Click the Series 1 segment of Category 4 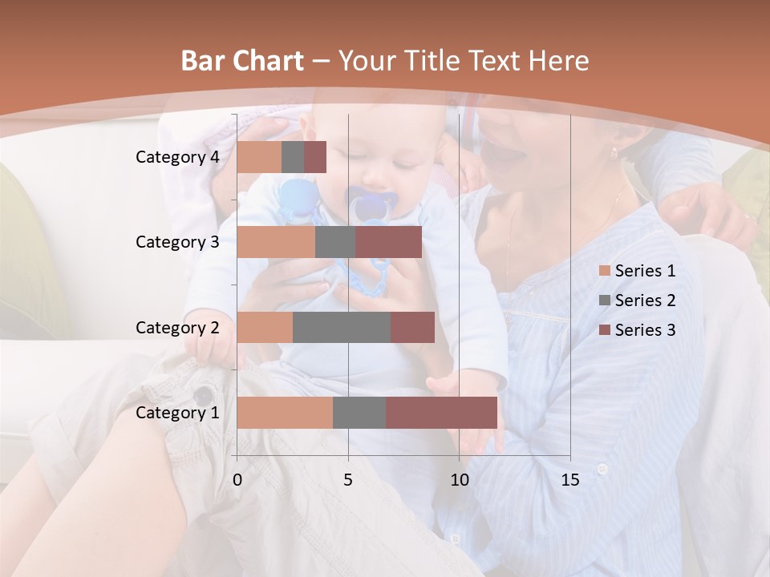pyautogui.click(x=259, y=157)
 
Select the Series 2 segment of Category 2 pyautogui.click(x=342, y=327)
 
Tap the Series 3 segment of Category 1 pyautogui.click(x=441, y=413)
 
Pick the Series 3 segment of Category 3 pyautogui.click(x=388, y=242)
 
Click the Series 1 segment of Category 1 pyautogui.click(x=285, y=413)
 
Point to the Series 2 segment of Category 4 pyautogui.click(x=293, y=157)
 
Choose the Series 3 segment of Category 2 pyautogui.click(x=412, y=327)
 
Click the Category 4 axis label pyautogui.click(x=177, y=157)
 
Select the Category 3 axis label pyautogui.click(x=177, y=242)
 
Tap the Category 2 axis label pyautogui.click(x=177, y=327)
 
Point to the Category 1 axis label pyautogui.click(x=177, y=413)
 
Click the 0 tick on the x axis pyautogui.click(x=237, y=480)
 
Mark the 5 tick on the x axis pyautogui.click(x=348, y=480)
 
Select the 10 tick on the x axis pyautogui.click(x=459, y=480)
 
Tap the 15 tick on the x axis pyautogui.click(x=569, y=480)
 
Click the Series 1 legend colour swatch pyautogui.click(x=605, y=271)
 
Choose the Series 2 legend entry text pyautogui.click(x=645, y=301)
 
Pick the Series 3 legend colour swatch pyautogui.click(x=605, y=330)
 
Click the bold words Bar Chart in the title pyautogui.click(x=242, y=61)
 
